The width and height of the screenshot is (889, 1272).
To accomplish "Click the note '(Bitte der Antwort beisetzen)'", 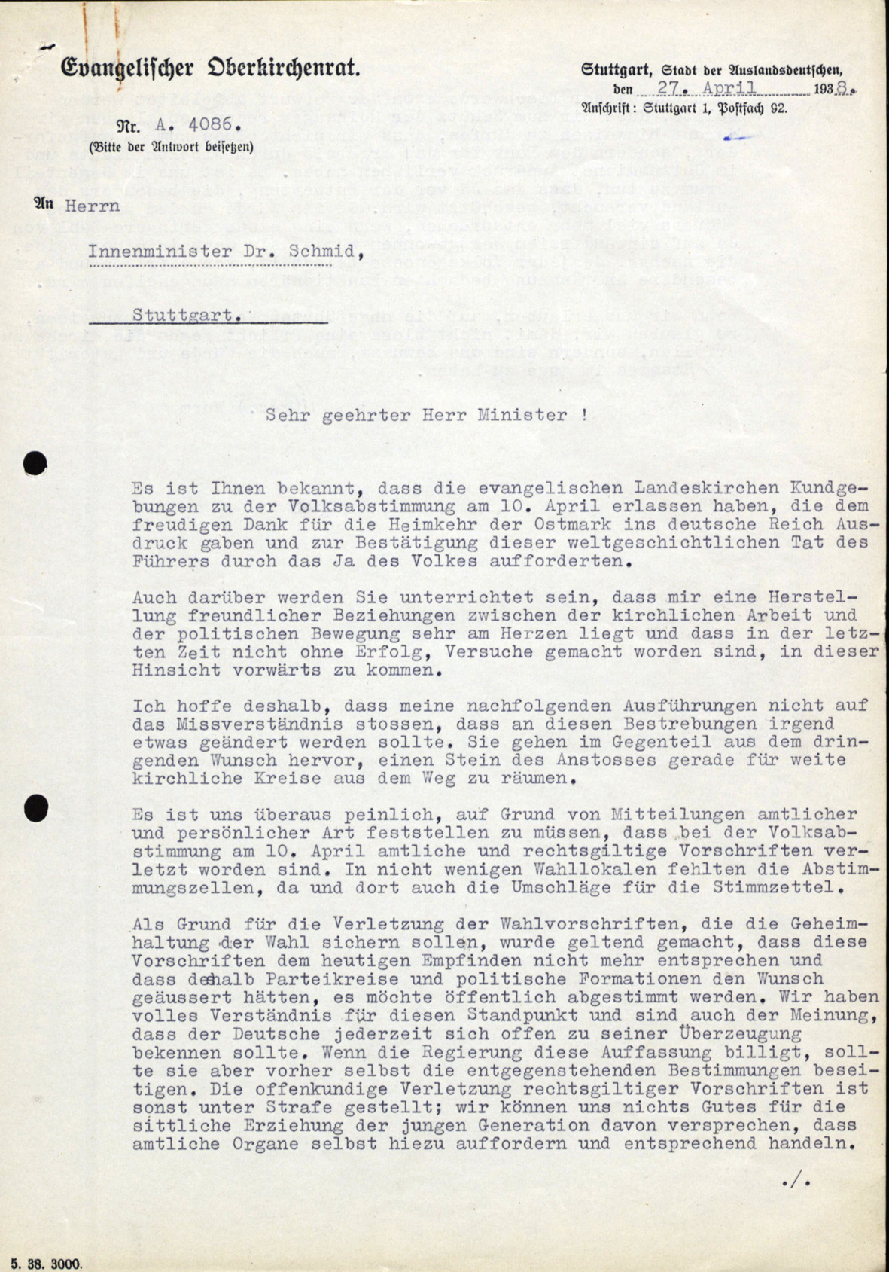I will click(x=170, y=147).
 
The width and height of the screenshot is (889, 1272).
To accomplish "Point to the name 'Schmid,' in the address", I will click(x=317, y=251).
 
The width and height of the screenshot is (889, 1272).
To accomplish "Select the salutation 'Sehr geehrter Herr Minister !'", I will click(x=427, y=415).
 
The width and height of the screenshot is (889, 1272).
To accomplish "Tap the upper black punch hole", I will click(x=35, y=463).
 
